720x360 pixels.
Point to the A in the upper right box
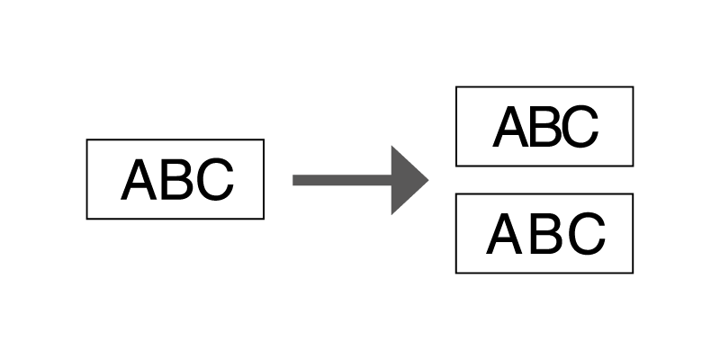click(x=512, y=127)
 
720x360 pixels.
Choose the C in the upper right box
click(x=580, y=127)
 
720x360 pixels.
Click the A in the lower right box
click(x=507, y=234)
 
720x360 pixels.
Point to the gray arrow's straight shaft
click(x=341, y=180)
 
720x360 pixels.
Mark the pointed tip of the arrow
click(x=428, y=180)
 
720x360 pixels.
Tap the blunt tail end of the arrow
click(x=294, y=180)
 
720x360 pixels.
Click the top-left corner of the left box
click(x=86, y=139)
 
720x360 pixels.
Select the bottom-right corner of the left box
click(x=264, y=219)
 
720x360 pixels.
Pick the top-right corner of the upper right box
click(x=634, y=86)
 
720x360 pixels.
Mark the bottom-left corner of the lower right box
click(x=456, y=273)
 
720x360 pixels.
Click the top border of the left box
click(x=175, y=139)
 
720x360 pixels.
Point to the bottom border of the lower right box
click(x=544, y=273)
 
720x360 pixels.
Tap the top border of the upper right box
click(x=544, y=86)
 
